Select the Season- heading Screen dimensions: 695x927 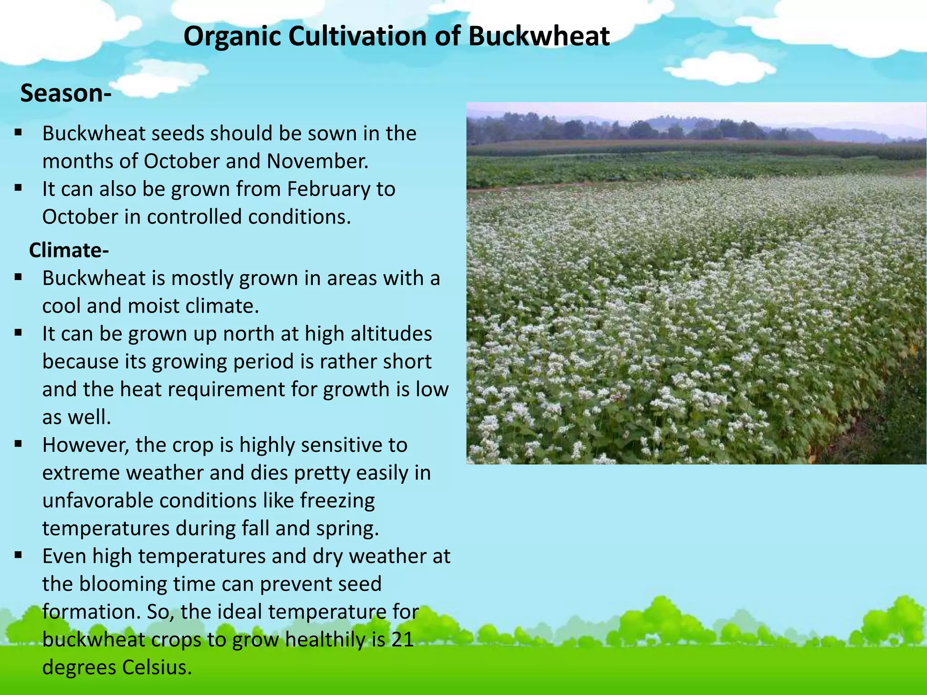click(66, 93)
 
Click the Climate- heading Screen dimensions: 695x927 click(69, 250)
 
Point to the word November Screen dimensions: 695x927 click(317, 161)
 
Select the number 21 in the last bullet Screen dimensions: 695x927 click(402, 639)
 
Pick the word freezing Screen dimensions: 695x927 click(337, 500)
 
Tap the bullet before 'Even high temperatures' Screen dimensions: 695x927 click(18, 555)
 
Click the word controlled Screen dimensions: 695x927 click(194, 217)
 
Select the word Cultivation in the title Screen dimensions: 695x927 click(358, 36)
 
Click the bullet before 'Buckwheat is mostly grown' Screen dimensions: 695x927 click(18, 277)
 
